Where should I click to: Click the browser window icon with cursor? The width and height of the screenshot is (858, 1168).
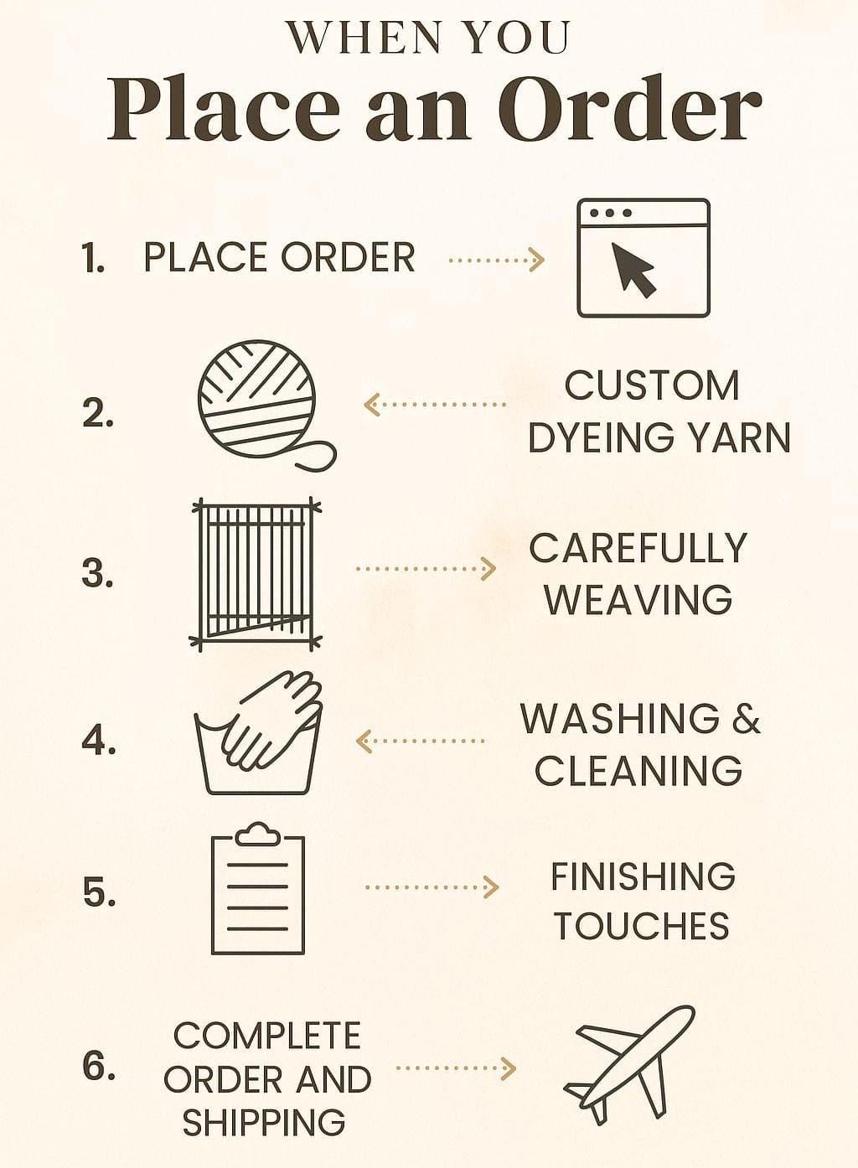click(643, 257)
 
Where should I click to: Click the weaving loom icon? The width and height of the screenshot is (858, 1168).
click(256, 575)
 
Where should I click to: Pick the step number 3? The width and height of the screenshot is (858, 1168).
click(97, 573)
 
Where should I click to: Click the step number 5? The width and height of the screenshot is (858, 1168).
click(99, 892)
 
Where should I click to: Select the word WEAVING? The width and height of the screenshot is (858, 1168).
click(638, 599)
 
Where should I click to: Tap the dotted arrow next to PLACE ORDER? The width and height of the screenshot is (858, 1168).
click(497, 259)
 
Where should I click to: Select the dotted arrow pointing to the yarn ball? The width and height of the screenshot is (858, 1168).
click(435, 405)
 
